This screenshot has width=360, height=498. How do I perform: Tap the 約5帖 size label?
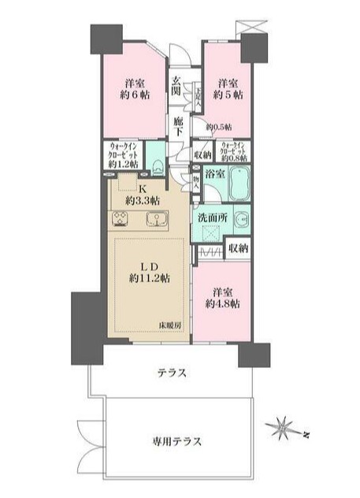(228, 95)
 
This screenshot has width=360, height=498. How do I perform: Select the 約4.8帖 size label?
(222, 303)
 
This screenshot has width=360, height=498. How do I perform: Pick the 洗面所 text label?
(213, 217)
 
